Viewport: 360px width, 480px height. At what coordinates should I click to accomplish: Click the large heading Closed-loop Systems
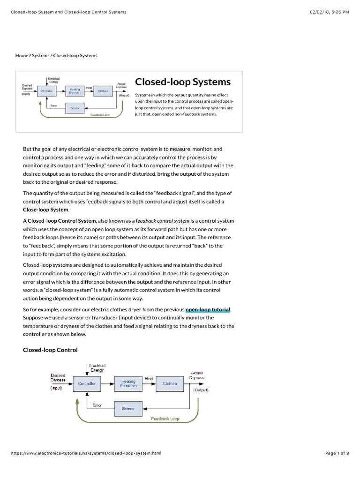point(183,82)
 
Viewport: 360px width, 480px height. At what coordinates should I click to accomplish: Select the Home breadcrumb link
point(22,55)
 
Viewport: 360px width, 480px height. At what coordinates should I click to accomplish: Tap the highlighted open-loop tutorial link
point(208,310)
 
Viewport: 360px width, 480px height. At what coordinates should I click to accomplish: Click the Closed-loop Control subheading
point(50,350)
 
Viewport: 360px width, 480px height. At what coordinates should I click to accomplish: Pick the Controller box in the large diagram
point(87,383)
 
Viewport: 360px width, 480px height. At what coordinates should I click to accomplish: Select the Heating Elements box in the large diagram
point(128,383)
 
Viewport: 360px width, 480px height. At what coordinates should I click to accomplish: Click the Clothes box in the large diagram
point(170,383)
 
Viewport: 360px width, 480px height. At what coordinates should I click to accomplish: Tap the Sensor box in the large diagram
point(128,408)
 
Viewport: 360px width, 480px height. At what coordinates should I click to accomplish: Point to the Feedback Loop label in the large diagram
point(165,419)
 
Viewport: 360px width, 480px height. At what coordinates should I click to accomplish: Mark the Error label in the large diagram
point(97,405)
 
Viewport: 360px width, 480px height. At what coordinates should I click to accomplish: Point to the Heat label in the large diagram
point(149,378)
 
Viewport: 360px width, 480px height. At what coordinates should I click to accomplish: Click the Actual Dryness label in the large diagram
point(196,375)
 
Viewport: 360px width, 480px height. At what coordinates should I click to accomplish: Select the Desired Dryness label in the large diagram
point(58,378)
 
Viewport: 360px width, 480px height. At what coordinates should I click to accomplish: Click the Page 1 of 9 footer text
point(337,453)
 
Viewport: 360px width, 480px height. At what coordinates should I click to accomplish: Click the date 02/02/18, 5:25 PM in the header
point(330,12)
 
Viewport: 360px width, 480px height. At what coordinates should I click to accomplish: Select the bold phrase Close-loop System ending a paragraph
point(46,210)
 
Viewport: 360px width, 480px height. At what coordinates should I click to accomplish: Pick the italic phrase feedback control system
point(162,221)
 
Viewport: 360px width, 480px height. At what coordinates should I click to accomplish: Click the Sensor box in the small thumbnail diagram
point(75,108)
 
